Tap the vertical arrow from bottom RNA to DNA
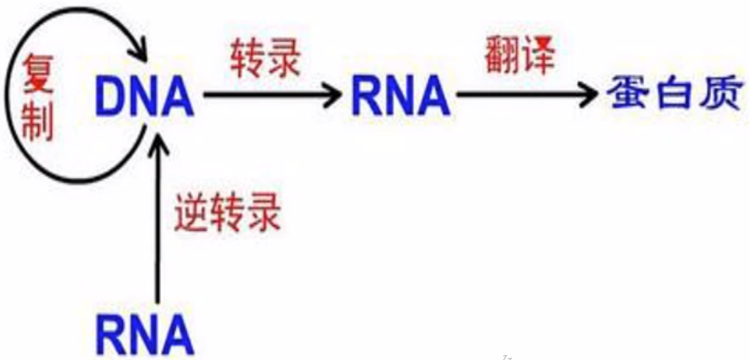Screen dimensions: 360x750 pyautogui.click(x=154, y=219)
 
